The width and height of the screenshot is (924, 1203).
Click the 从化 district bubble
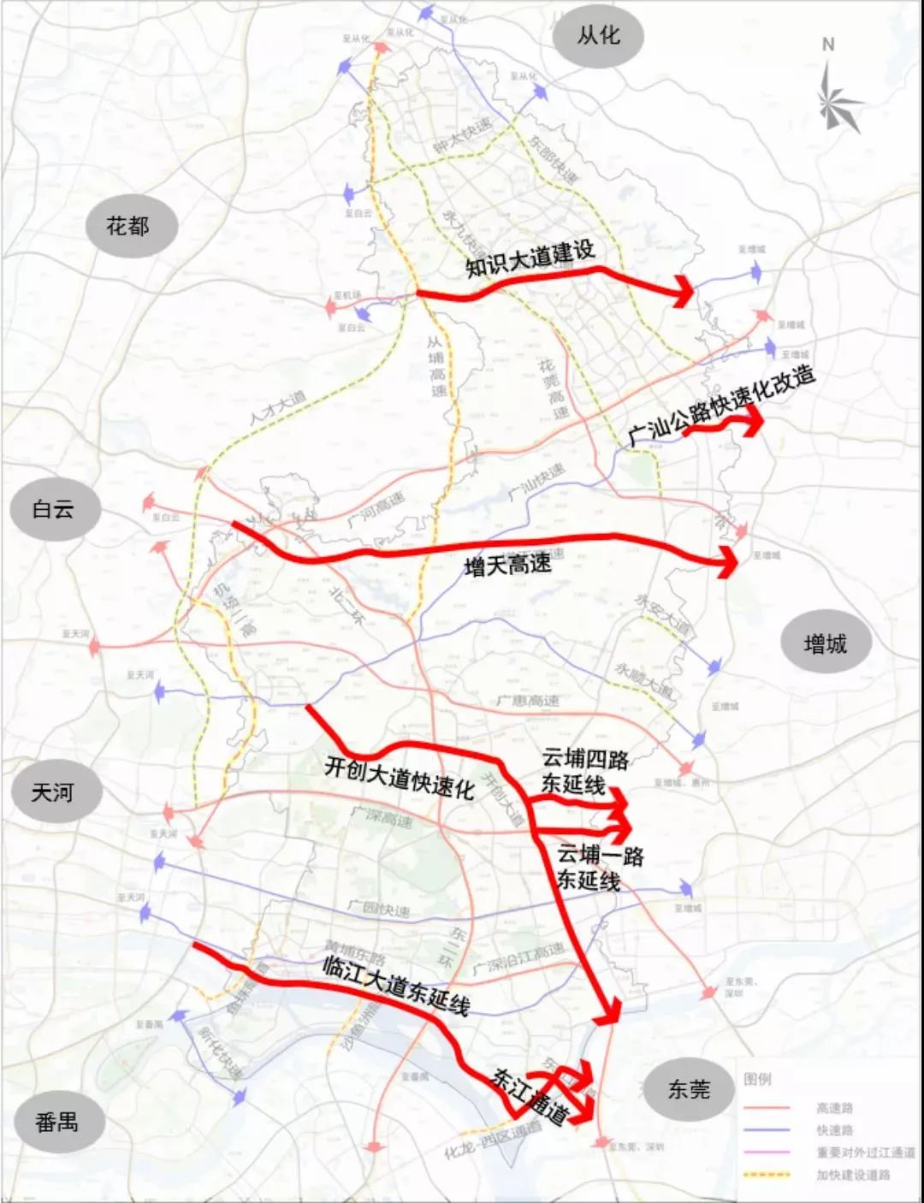click(x=598, y=36)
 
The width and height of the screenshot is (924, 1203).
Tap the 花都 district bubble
click(x=128, y=227)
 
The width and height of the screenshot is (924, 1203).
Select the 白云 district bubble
click(x=54, y=510)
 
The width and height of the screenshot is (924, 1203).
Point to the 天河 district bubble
click(x=54, y=792)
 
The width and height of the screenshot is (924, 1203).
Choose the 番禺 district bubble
click(x=57, y=1122)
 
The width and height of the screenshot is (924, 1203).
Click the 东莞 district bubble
click(x=689, y=1089)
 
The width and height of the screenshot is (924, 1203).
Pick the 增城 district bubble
click(x=826, y=643)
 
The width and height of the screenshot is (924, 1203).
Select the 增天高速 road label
click(x=507, y=565)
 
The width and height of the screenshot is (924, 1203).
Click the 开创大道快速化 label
click(x=399, y=777)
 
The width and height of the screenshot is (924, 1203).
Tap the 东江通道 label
click(x=530, y=1097)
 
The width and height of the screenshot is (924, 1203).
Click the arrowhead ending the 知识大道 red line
click(x=684, y=292)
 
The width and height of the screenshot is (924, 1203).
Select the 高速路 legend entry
click(x=834, y=1108)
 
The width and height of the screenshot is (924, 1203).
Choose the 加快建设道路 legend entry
click(x=853, y=1175)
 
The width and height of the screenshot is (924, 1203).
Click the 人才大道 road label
click(x=278, y=409)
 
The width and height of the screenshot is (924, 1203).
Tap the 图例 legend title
click(x=757, y=1079)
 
